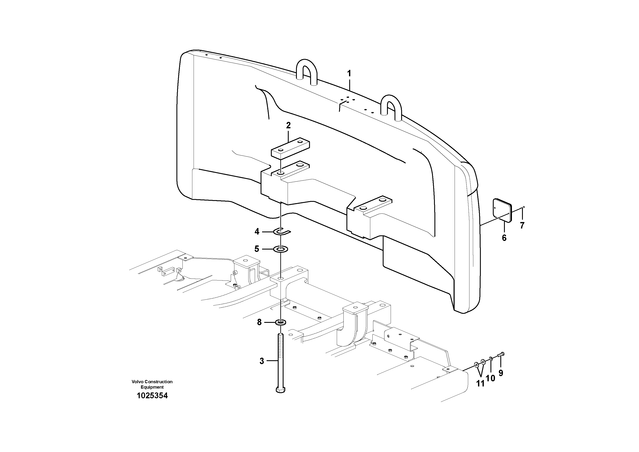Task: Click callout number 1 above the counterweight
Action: [x=349, y=74]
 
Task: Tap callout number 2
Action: [x=288, y=125]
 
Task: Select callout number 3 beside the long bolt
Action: [x=262, y=361]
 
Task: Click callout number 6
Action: [x=504, y=238]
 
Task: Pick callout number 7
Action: [x=522, y=225]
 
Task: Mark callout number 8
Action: [x=259, y=322]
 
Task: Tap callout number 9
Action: [x=501, y=373]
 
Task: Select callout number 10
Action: [x=490, y=378]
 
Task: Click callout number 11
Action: [x=480, y=384]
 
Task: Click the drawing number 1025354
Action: [x=152, y=396]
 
